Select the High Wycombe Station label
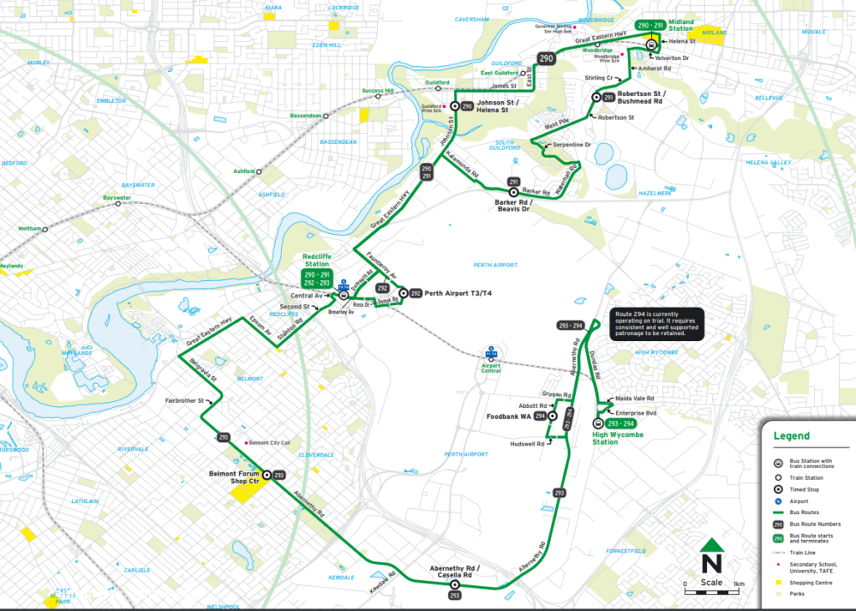[617, 437]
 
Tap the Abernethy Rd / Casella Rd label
[455, 571]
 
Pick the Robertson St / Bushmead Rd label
[639, 97]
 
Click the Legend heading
[791, 435]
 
